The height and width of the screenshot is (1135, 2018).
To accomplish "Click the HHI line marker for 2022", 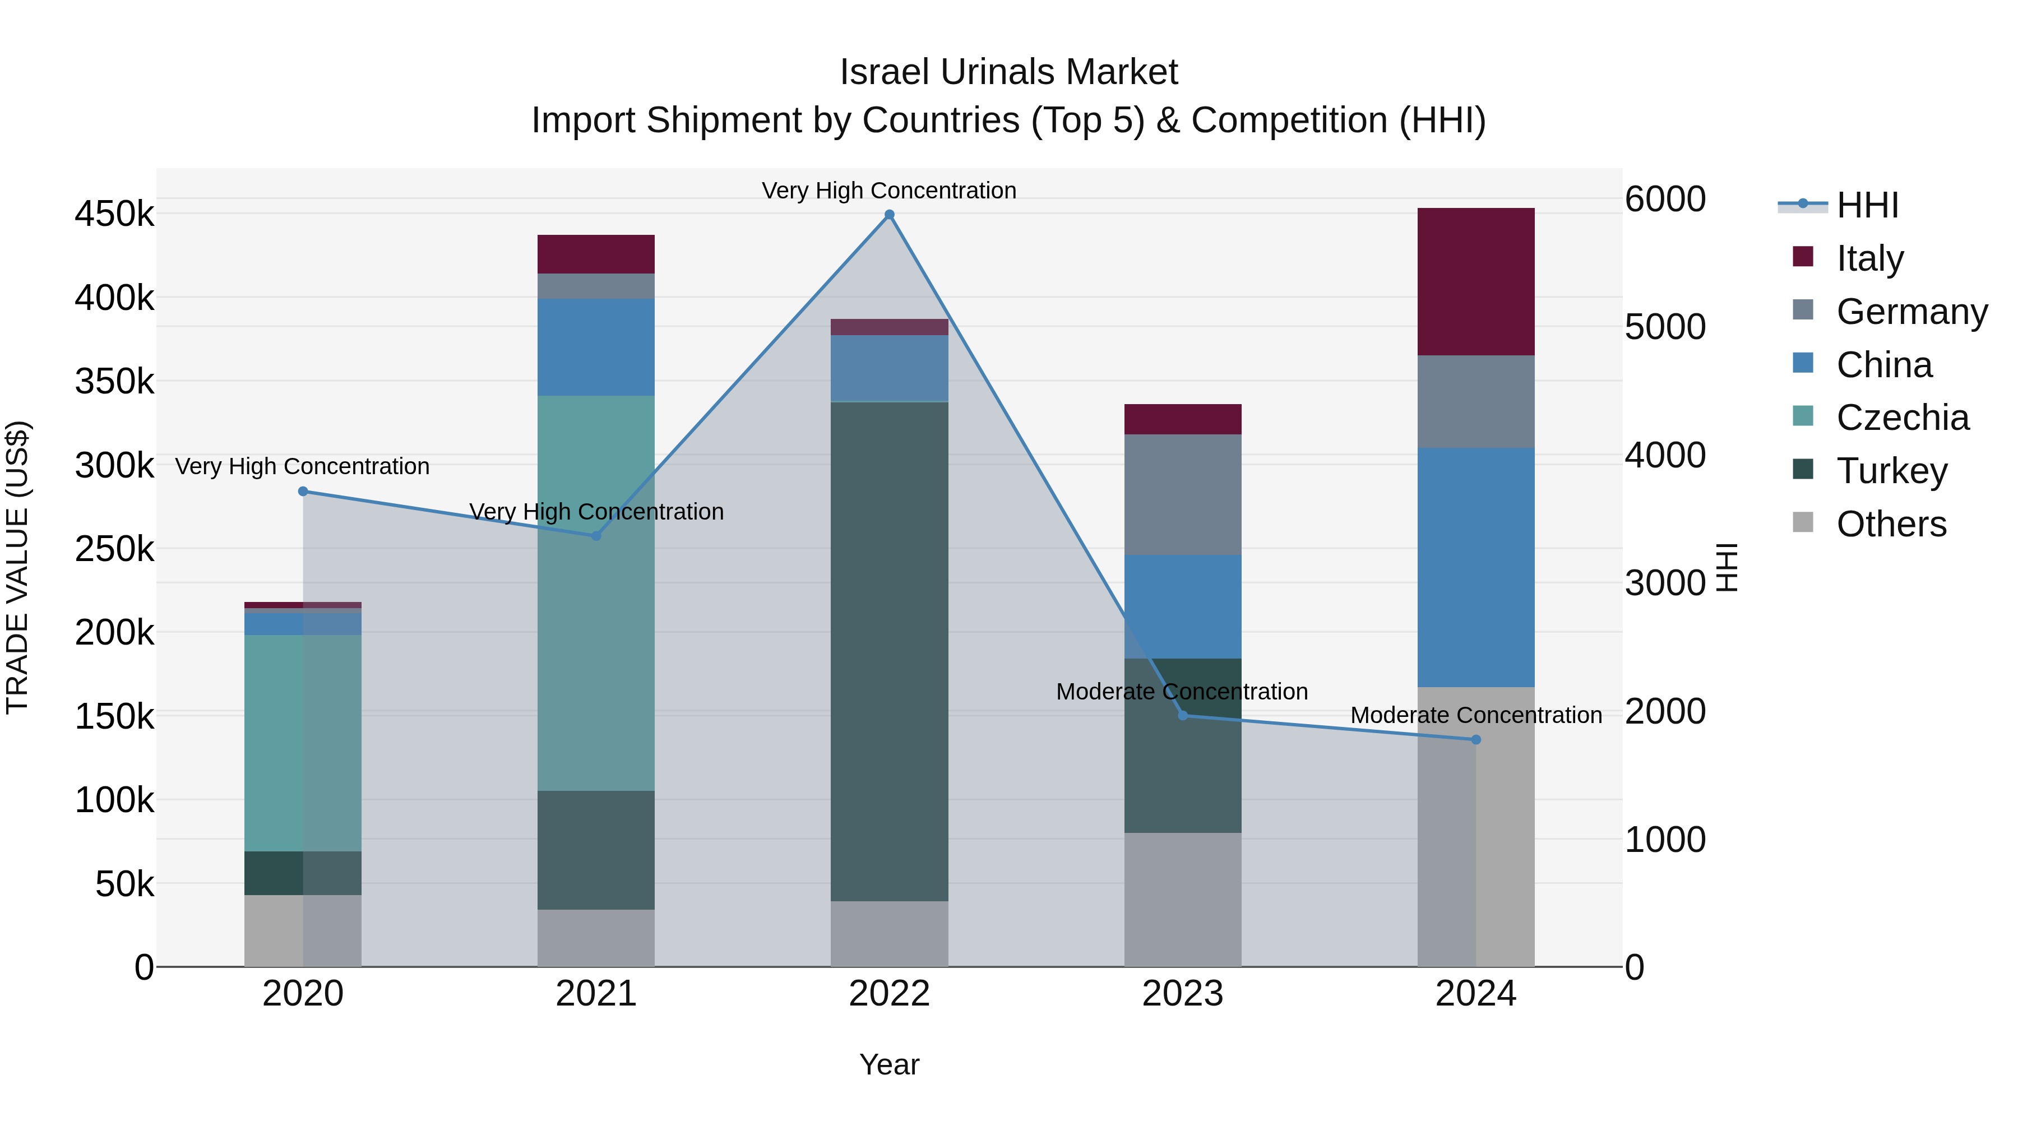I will point(889,215).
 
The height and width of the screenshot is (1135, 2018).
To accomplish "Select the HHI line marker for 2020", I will point(303,491).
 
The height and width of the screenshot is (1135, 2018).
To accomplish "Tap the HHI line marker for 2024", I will point(1476,739).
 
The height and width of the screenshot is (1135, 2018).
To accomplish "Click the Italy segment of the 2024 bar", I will point(1476,282).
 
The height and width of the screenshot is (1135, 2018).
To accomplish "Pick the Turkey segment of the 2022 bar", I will point(889,650).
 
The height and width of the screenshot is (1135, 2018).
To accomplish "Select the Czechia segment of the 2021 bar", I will point(596,593).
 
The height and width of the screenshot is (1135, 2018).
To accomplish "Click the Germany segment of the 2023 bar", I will point(1183,494).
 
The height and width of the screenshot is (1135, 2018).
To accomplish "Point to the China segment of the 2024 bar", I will point(1476,567).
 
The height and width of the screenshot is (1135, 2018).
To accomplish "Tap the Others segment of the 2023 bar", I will point(1183,899).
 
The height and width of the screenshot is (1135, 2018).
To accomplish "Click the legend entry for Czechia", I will point(1902,418).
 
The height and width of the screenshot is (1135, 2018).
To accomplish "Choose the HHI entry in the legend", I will point(1867,205).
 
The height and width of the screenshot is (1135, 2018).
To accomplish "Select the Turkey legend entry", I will point(1891,471).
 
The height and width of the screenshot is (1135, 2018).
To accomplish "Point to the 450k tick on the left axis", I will point(114,214).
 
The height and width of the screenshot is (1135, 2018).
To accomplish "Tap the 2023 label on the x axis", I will point(1183,993).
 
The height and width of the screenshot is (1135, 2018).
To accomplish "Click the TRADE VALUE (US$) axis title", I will point(17,567).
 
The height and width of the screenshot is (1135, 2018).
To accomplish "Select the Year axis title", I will point(889,1064).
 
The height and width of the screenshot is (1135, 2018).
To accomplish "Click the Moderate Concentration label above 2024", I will point(1476,715).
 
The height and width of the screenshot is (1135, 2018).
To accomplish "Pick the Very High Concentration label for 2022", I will point(889,191).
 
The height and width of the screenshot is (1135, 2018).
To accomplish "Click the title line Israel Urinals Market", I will point(1008,72).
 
